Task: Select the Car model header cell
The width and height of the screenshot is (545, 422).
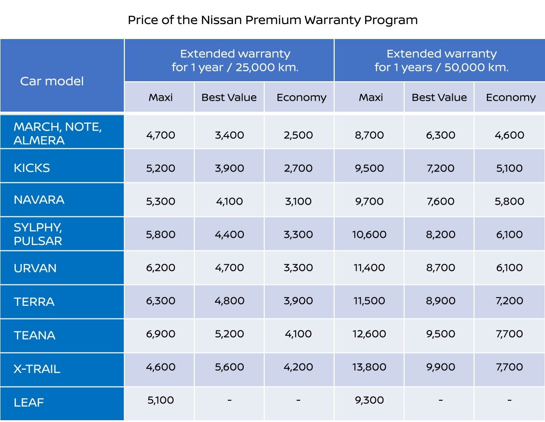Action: point(52,81)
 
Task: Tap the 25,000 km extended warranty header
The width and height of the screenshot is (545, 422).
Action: point(235,60)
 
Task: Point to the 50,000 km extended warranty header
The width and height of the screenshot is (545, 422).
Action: point(441,60)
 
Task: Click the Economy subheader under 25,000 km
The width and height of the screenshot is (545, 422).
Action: point(301,98)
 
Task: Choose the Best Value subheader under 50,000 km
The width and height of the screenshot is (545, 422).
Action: point(439,98)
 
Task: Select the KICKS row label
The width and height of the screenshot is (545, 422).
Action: point(32,168)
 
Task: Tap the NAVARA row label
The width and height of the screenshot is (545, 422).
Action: point(39,200)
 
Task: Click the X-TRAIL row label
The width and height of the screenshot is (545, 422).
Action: point(37,369)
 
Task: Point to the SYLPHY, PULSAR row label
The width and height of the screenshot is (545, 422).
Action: point(38,234)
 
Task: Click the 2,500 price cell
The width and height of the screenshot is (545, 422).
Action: point(298,135)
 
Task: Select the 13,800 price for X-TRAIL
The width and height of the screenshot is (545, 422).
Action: point(369,367)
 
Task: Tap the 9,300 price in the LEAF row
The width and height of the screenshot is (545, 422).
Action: point(369,400)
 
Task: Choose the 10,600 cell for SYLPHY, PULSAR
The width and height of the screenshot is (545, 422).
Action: point(369,234)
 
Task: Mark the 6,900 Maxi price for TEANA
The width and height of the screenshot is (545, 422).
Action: point(160,334)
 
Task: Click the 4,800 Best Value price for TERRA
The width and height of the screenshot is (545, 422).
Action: point(229,300)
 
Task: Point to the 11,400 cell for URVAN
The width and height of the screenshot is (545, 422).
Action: point(369,267)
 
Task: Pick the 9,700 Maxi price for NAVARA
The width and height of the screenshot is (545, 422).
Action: point(369,201)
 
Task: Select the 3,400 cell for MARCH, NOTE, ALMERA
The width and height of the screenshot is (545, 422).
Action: point(229,135)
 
